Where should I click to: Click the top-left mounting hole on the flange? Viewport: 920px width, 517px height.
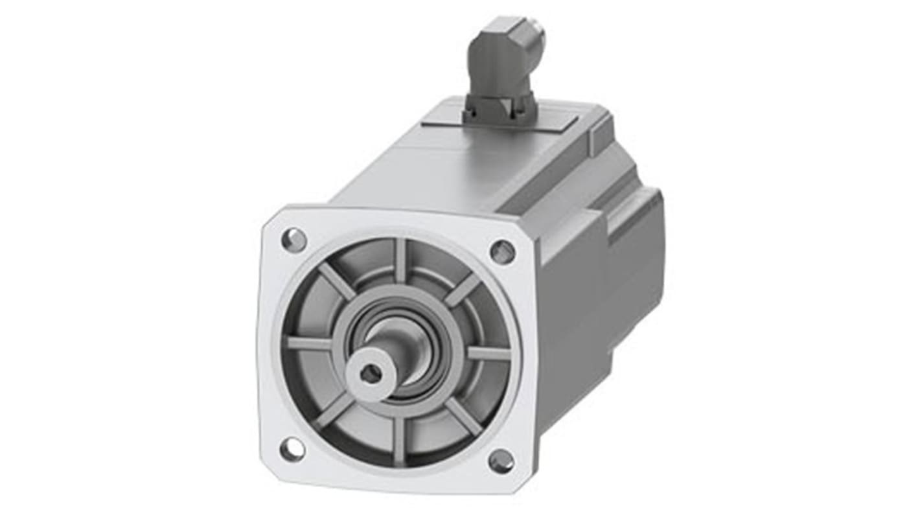click(x=293, y=240)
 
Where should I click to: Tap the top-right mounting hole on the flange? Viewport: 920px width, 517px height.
click(x=502, y=251)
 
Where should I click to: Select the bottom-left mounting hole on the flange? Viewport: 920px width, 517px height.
click(x=292, y=449)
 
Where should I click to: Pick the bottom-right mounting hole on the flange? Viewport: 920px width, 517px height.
click(x=501, y=461)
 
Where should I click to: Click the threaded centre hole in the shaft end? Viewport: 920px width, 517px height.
click(x=371, y=373)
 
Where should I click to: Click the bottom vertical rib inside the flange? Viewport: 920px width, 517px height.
click(x=399, y=441)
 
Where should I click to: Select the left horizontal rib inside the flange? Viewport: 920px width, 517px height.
click(x=309, y=343)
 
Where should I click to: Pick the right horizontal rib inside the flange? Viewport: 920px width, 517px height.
click(x=489, y=354)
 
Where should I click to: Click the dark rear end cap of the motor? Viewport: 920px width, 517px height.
click(x=635, y=266)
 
